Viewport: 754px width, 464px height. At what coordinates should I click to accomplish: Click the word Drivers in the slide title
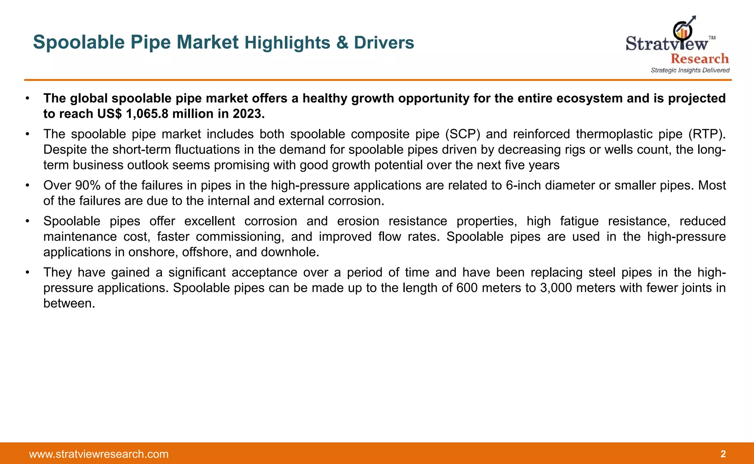click(x=384, y=43)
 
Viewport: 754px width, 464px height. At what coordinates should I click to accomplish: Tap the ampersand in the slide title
click(x=342, y=43)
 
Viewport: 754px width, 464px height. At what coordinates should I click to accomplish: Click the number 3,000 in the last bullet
click(x=556, y=288)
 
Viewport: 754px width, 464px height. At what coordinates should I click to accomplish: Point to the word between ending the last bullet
click(x=69, y=303)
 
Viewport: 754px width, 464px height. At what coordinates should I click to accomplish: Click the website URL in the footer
click(x=99, y=454)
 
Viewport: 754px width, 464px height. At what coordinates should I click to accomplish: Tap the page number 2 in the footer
click(x=723, y=454)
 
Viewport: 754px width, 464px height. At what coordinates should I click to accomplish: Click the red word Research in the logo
click(x=700, y=59)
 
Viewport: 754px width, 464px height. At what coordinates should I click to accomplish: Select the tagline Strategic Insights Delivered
click(x=690, y=70)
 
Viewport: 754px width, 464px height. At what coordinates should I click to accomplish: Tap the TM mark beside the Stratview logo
click(x=712, y=38)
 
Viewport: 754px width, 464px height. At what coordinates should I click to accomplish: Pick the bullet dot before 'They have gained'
click(x=27, y=273)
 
